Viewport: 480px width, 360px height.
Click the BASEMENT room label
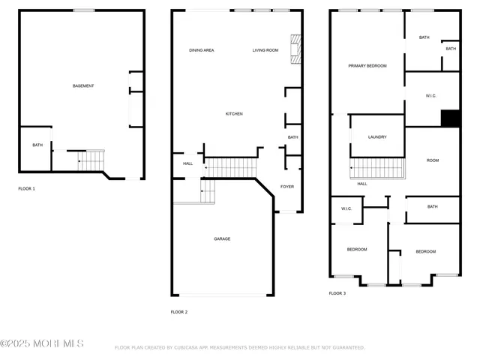pos(83,86)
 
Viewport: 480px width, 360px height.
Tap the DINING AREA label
pos(202,50)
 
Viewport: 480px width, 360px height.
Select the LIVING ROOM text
pos(265,50)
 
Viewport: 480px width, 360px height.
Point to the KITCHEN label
pos(234,114)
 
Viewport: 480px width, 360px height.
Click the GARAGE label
pos(222,239)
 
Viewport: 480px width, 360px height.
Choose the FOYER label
pos(287,187)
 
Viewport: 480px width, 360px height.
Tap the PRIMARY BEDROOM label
pos(367,66)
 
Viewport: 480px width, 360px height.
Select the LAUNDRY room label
pos(377,137)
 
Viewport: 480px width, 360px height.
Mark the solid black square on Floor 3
pos(450,118)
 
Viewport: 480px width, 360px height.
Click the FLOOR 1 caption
pos(26,189)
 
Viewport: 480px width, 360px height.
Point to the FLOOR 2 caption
pos(178,312)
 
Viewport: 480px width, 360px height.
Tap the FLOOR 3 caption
pos(337,294)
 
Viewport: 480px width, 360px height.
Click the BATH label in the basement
pos(37,145)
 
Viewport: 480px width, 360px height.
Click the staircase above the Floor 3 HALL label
pos(376,169)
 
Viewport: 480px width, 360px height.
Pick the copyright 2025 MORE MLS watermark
pos(42,344)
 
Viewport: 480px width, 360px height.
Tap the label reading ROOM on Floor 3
pos(433,160)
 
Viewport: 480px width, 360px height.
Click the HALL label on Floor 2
pos(187,163)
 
